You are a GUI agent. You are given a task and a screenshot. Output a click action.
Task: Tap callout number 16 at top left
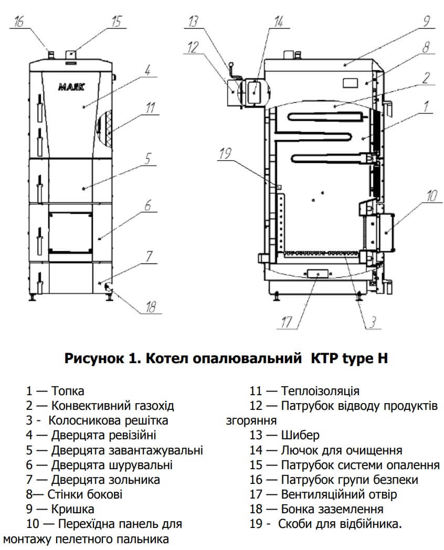(x=19, y=22)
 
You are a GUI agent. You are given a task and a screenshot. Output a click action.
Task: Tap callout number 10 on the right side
(x=430, y=196)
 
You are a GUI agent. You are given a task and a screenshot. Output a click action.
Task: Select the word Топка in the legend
(x=68, y=391)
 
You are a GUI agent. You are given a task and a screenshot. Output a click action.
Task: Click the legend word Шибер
(x=300, y=435)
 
